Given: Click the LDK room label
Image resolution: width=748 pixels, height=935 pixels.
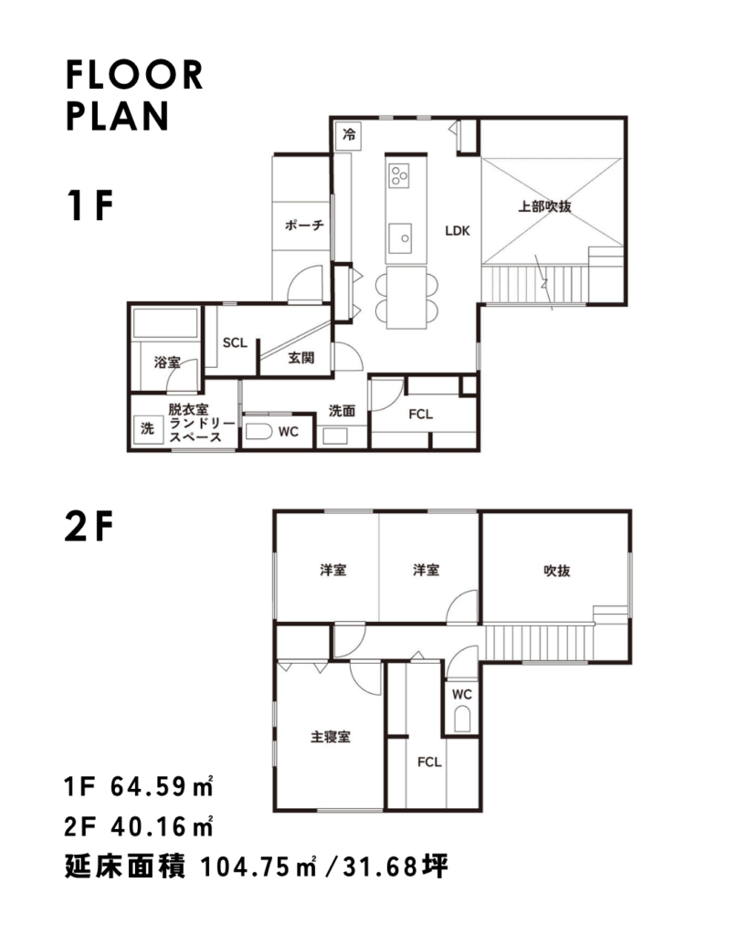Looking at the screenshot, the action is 458,231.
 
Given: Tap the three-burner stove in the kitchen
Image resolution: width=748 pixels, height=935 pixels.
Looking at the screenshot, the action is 399,175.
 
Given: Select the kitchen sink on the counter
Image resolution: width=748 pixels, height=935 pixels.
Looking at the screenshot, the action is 400,238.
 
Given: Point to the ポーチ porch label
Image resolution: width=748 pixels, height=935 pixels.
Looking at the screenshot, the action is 304,225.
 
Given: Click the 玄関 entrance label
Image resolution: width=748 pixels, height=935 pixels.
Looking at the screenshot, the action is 301,358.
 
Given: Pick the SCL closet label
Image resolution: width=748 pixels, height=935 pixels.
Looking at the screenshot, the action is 235,343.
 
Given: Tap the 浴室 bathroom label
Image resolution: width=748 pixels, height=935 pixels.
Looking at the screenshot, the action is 167,362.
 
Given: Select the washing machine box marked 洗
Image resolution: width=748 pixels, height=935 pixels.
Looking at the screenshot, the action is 147,428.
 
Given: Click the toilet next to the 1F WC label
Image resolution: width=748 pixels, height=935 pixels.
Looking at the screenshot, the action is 258,431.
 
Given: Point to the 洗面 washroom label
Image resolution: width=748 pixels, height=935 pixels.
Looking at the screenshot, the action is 342,411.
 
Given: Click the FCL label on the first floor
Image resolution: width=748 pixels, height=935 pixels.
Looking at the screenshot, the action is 420,414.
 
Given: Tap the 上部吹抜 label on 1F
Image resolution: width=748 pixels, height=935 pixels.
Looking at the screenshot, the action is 544,206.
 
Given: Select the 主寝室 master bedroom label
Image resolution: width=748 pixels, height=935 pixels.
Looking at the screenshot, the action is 331,737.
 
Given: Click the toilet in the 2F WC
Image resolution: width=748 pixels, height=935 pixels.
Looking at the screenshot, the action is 462,720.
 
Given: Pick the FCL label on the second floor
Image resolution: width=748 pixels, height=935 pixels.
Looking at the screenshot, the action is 429,762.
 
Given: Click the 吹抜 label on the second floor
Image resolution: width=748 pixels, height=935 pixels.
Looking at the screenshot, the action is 557,571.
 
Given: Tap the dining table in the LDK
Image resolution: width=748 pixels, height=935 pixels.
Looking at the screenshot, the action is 406,297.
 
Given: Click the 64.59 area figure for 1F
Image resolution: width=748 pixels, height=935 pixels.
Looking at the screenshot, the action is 149,787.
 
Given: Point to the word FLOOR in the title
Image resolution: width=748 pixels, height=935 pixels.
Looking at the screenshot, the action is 134,75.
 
